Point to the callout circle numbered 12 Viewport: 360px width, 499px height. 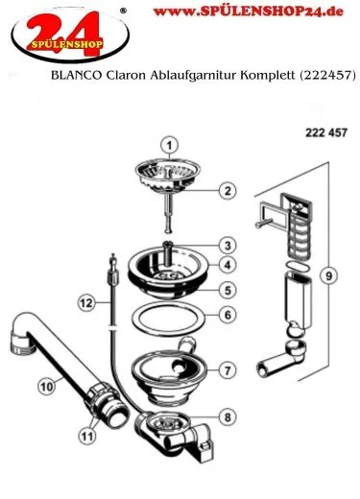pyautogui.click(x=85, y=302)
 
